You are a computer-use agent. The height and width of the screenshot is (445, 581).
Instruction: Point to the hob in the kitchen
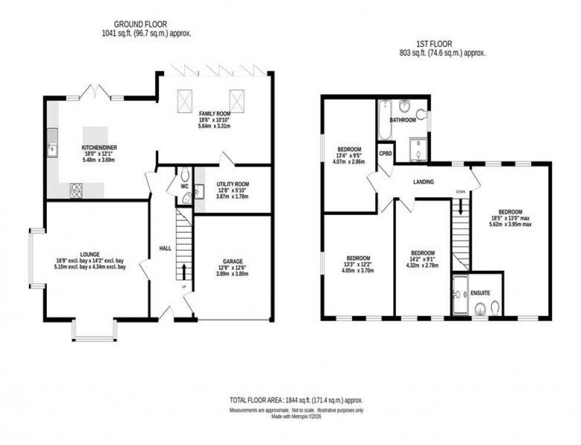click(x=77, y=190)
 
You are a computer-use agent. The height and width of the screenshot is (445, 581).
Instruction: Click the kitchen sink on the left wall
click(x=53, y=144)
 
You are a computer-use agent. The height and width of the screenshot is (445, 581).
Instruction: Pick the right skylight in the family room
click(x=237, y=96)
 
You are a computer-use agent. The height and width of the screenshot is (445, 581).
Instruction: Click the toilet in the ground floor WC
click(x=184, y=174)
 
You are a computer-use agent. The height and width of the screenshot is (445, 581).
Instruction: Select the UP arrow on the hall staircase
click(x=184, y=272)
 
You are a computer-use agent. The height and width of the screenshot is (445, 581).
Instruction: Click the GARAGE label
click(x=233, y=261)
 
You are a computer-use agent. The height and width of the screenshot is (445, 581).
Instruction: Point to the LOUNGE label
click(x=91, y=254)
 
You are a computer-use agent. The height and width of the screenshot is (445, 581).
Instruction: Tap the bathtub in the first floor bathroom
click(x=384, y=119)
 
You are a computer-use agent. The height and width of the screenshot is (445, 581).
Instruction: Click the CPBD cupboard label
click(x=386, y=152)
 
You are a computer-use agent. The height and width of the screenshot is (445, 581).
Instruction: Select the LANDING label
click(x=424, y=183)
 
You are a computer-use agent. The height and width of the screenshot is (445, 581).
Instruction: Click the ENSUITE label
click(x=481, y=293)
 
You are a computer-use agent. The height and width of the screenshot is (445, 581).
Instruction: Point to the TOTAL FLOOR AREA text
click(x=296, y=401)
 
